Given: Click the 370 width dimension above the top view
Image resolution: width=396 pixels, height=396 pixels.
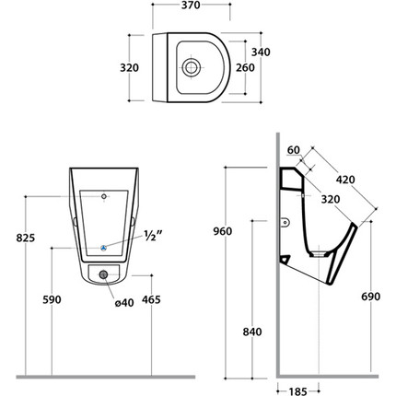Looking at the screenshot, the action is click(191, 6).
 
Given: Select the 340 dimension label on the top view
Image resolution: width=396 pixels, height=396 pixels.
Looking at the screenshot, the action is click(261, 52).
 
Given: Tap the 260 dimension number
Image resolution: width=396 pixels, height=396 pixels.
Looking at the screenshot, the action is click(245, 67).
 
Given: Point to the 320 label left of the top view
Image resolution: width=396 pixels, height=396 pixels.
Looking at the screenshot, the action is click(129, 67).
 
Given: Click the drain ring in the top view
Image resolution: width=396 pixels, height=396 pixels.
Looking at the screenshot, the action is click(192, 67).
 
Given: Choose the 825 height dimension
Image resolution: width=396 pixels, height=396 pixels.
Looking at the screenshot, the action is click(26, 238).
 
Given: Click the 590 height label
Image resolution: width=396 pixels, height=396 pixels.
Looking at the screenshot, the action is click(52, 299).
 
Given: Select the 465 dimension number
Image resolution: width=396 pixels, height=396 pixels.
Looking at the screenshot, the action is click(151, 299).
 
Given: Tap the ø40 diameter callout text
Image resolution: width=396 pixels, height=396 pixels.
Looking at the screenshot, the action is click(124, 303).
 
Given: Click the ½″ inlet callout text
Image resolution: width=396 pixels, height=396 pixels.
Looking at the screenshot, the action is click(153, 236).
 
